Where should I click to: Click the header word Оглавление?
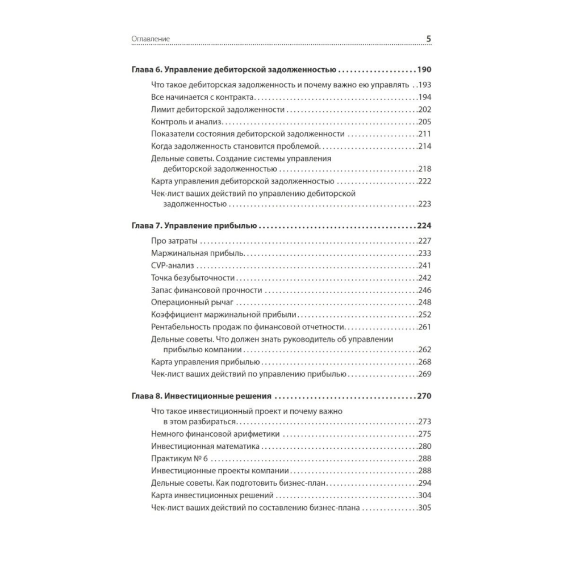pyautogui.click(x=151, y=39)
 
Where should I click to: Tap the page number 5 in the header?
pyautogui.click(x=429, y=39)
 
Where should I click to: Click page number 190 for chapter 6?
pyautogui.click(x=424, y=70)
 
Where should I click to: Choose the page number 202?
pyautogui.click(x=425, y=110)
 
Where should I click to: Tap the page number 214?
pyautogui.click(x=425, y=147)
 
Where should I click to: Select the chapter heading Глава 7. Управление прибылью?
pyautogui.click(x=195, y=225)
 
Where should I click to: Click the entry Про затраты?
pyautogui.click(x=170, y=240)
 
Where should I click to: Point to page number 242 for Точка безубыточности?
pyautogui.click(x=425, y=278)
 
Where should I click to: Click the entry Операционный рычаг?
pyautogui.click(x=189, y=302)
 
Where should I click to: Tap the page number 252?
pyautogui.click(x=425, y=315)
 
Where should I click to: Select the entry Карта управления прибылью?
pyautogui.click(x=206, y=361)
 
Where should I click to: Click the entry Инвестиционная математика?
pyautogui.click(x=206, y=446)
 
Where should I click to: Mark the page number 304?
pyautogui.click(x=425, y=495)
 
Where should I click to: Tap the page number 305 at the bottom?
pyautogui.click(x=425, y=508)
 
